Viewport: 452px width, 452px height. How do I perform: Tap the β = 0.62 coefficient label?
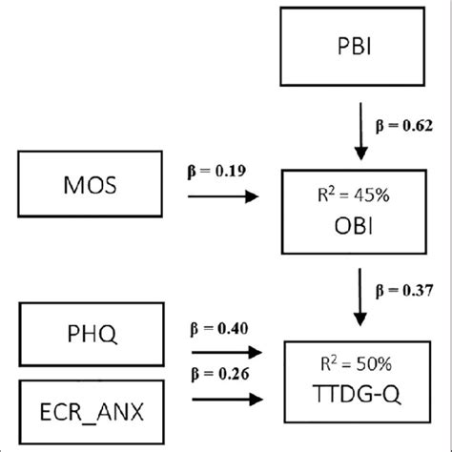pyautogui.click(x=405, y=125)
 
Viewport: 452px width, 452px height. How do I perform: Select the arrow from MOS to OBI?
pyautogui.click(x=224, y=197)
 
